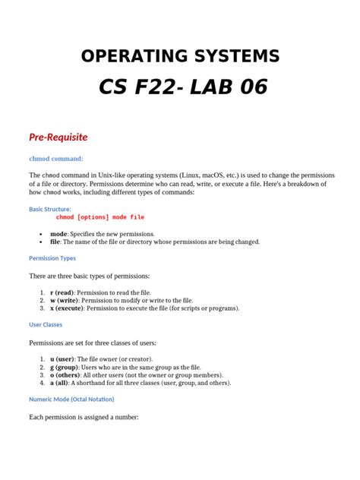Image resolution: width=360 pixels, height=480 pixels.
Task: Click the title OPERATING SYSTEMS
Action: click(180, 55)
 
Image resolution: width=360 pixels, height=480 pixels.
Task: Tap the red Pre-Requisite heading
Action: click(58, 137)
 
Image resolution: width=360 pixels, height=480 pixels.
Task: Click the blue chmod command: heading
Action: click(56, 159)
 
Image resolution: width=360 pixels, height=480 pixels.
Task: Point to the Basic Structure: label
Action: click(50, 209)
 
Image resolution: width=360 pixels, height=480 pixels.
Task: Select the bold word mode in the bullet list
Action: click(58, 234)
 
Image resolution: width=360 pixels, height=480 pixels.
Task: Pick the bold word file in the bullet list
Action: click(55, 242)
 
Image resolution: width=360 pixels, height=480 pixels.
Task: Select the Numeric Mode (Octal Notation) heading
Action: click(71, 399)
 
